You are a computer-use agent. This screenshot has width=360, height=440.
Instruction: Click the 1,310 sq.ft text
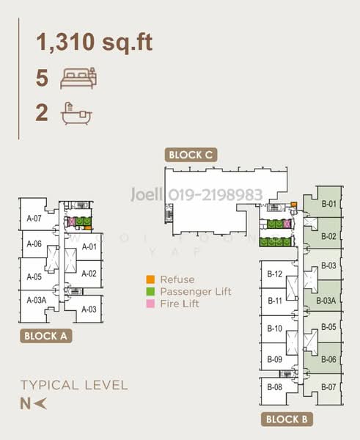click(95, 43)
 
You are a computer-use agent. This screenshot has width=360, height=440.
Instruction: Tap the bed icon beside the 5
click(78, 76)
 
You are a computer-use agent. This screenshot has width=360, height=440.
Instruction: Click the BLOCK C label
click(191, 155)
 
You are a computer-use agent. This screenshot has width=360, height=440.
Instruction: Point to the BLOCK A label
click(45, 337)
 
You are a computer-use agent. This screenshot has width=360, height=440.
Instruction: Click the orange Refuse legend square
click(150, 279)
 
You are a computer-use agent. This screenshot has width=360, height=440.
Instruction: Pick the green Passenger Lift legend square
click(150, 291)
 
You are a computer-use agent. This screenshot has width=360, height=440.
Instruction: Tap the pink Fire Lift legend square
click(150, 303)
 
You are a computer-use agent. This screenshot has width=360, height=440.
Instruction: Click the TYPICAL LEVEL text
click(74, 385)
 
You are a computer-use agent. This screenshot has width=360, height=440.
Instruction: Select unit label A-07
click(34, 218)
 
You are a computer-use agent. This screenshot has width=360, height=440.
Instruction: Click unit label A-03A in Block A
click(36, 299)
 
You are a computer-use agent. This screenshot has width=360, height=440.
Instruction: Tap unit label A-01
click(89, 246)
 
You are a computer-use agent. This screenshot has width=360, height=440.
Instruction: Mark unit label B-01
click(328, 203)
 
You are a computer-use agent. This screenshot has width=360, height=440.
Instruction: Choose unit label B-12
click(274, 274)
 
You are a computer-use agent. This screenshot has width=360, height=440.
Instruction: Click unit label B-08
click(274, 386)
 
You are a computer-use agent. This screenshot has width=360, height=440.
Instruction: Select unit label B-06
click(328, 359)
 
